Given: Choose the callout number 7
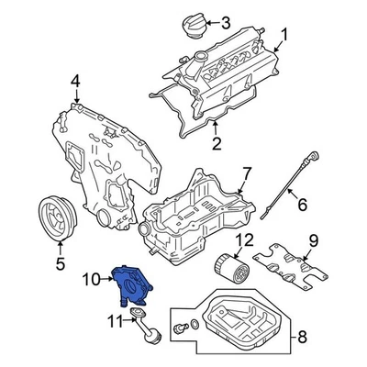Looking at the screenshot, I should click(246, 172).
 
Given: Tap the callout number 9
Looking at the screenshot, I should click(312, 242).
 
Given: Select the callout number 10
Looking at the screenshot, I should click(92, 277).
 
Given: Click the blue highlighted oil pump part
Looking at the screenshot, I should click(128, 284).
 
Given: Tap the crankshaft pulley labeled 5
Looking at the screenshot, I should click(57, 222).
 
